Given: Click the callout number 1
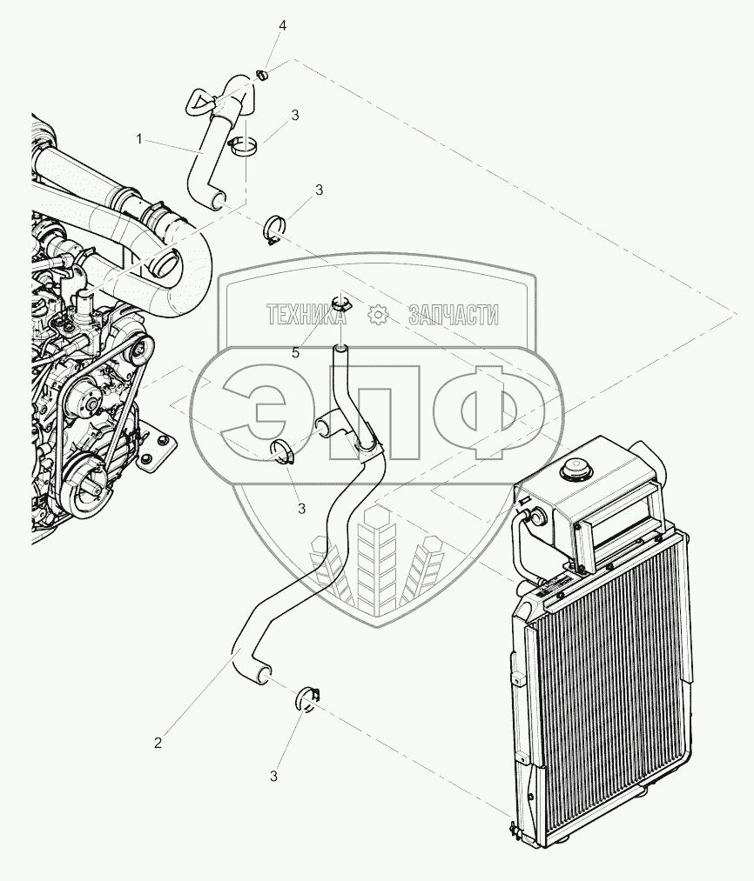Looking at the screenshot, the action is (138, 138).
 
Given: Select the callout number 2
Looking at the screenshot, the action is (158, 743).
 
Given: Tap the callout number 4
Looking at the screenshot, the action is (282, 26).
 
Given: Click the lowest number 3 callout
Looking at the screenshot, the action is (273, 776).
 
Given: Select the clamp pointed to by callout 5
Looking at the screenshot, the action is (340, 305).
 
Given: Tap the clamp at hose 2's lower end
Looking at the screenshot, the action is (309, 697).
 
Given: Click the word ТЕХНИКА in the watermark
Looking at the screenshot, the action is (306, 315).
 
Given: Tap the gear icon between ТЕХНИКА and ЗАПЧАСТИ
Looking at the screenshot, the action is (377, 315).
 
